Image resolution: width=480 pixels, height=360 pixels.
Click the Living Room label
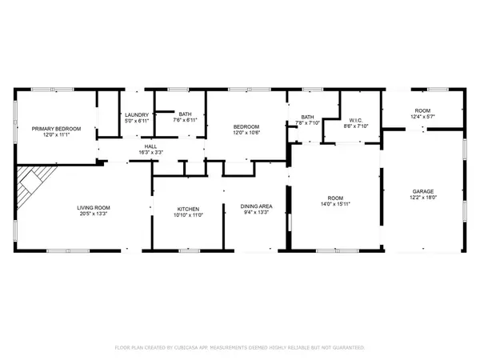[93, 207]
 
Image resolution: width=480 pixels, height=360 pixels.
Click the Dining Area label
[257, 207]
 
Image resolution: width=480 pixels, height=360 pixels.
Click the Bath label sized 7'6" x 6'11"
[186, 114]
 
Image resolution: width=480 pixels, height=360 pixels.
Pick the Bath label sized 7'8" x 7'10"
[307, 118]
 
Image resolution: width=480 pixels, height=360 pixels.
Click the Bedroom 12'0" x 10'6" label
[246, 127]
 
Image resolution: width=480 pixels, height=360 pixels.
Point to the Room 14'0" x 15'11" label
[336, 198]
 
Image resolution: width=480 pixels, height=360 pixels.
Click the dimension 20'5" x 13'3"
[93, 214]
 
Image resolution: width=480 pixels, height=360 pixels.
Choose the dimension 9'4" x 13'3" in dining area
[257, 214]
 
